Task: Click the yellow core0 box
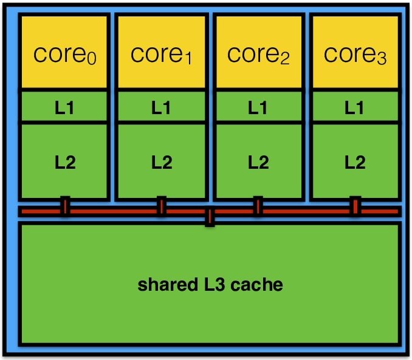64,53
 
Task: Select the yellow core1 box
162,53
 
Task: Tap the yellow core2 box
258,53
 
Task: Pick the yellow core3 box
355,53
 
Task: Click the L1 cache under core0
64,107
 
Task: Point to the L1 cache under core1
162,107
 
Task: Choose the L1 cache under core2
258,107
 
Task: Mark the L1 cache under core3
355,107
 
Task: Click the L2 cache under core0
64,161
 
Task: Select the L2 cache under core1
162,161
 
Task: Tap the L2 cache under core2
258,161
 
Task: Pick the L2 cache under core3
355,161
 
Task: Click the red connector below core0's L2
64,206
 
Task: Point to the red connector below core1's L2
162,206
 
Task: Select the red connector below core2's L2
258,206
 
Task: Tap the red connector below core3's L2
355,206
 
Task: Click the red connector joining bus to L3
210,217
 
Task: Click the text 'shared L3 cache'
210,284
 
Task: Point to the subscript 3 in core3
380,59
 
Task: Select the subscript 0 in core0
91,59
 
